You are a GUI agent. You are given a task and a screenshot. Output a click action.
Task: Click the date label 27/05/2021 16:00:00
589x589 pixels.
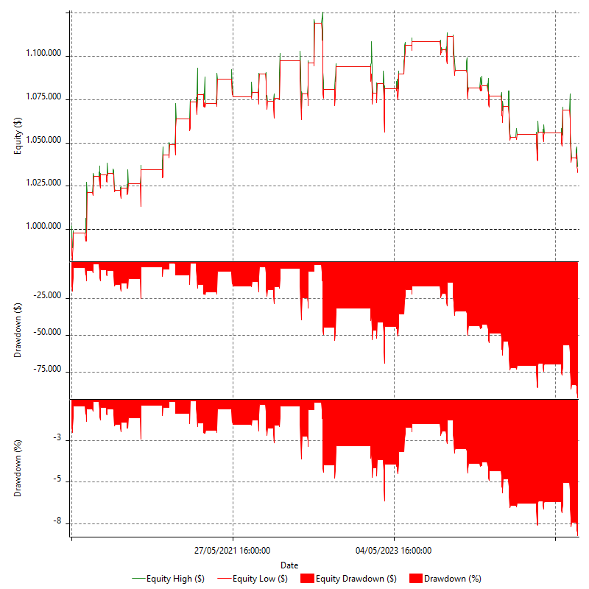(233, 550)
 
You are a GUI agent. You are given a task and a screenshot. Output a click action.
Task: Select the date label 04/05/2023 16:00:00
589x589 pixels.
(394, 550)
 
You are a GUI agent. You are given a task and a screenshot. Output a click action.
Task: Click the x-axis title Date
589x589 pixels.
(289, 565)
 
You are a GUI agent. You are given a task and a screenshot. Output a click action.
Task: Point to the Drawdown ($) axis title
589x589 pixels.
(18, 330)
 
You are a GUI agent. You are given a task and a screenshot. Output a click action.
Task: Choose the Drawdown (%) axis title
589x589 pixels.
(18, 468)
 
